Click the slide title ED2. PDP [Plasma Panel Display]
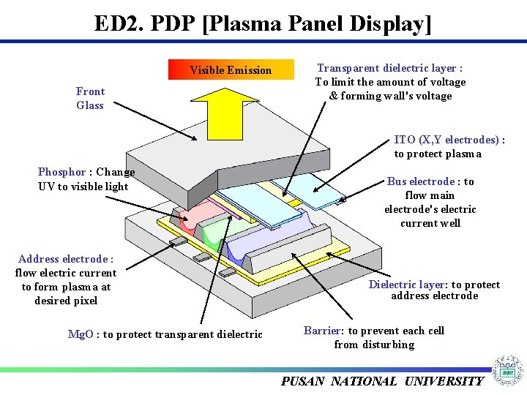(263, 23)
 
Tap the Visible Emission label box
(231, 70)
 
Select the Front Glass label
(90, 98)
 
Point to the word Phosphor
(61, 172)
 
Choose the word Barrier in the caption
(321, 331)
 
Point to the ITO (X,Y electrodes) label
(448, 140)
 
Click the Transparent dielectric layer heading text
(389, 68)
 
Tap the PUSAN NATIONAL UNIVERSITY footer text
(382, 381)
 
